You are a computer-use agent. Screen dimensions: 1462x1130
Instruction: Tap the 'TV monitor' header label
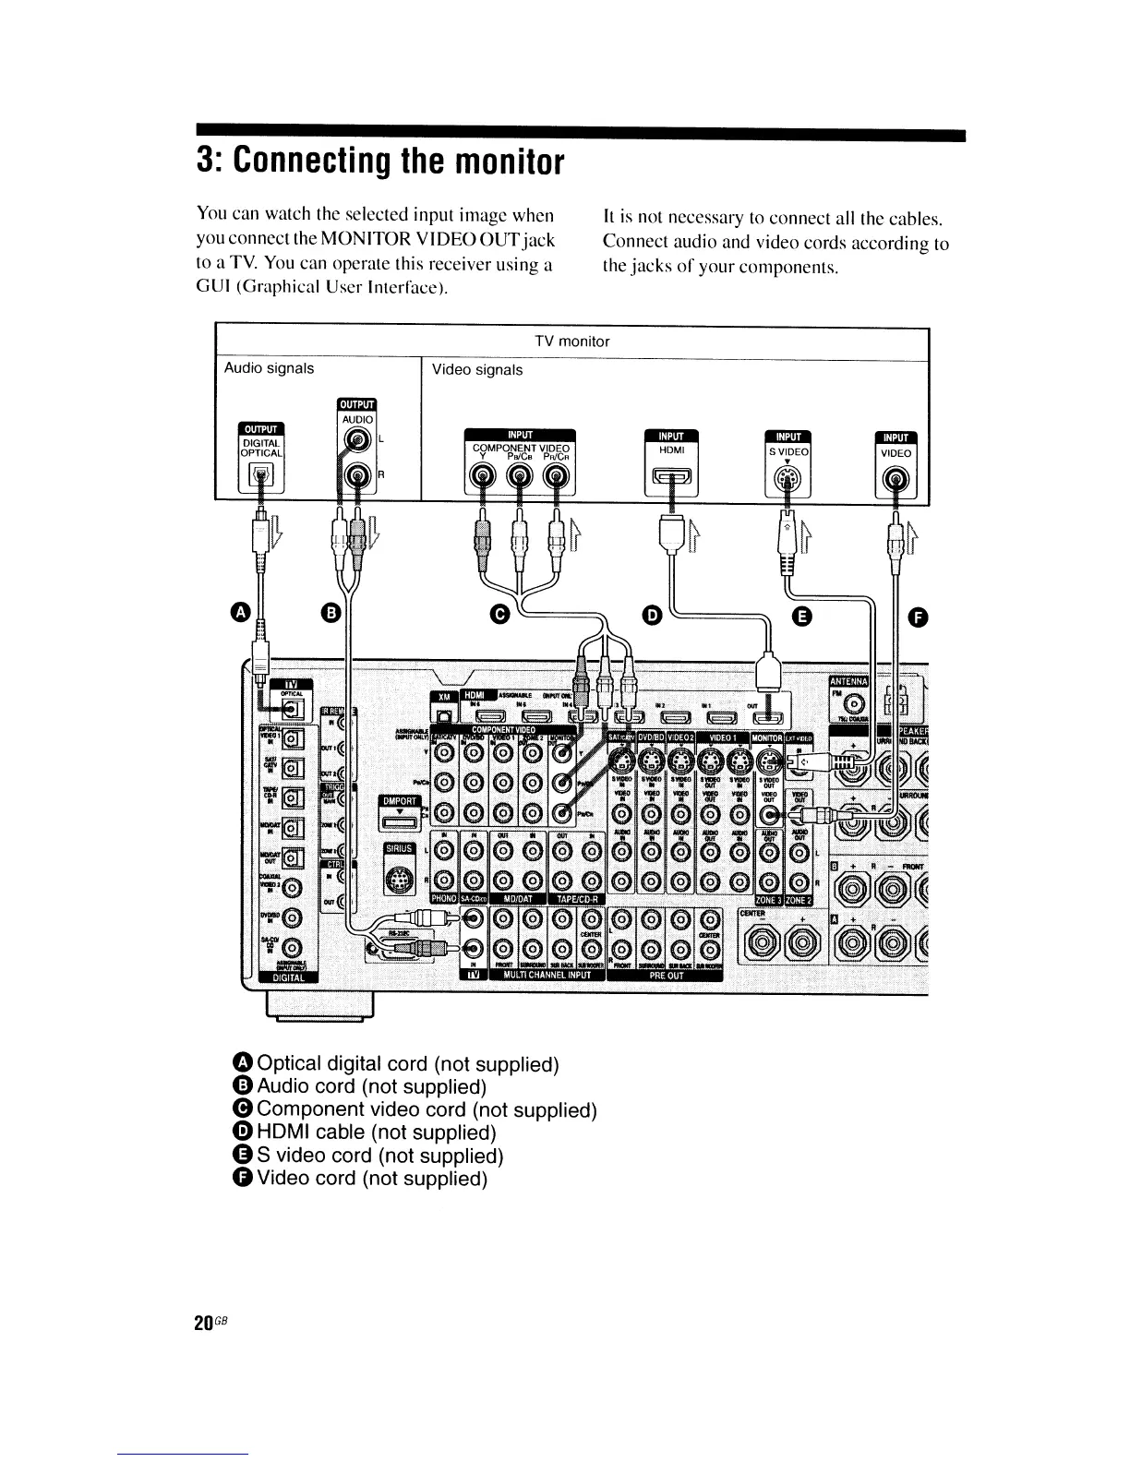pos(572,342)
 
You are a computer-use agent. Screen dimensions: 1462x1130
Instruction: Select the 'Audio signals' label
pos(270,368)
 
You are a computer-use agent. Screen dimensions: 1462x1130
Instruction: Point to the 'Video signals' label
pos(477,370)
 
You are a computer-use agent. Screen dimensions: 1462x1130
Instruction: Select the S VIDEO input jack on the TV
pos(787,479)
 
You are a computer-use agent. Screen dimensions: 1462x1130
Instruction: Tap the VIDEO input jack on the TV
pos(896,479)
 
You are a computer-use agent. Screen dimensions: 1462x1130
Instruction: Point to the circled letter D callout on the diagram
pos(653,614)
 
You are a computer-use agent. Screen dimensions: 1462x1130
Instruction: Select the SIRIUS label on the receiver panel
pos(401,849)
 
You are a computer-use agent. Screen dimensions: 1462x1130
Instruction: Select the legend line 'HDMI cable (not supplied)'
pos(377,1132)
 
